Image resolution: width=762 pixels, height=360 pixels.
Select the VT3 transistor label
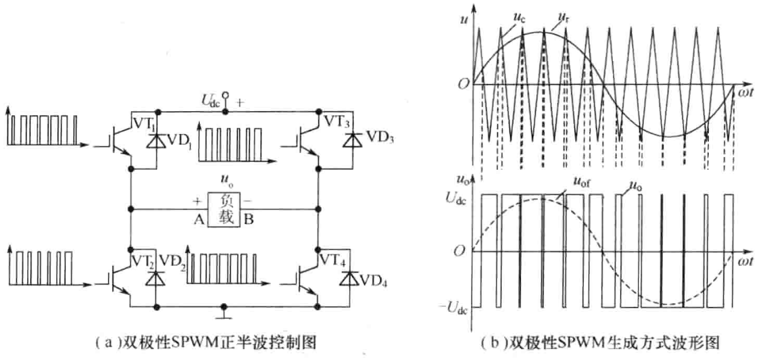click(x=336, y=121)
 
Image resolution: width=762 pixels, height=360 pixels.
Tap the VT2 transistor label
click(x=143, y=261)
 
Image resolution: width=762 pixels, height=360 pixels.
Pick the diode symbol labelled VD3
click(x=348, y=140)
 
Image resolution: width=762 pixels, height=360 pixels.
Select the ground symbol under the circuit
click(x=225, y=315)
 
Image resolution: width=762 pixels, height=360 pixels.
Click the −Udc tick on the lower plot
click(x=455, y=307)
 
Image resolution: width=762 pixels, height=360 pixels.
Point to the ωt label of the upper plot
click(x=743, y=92)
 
